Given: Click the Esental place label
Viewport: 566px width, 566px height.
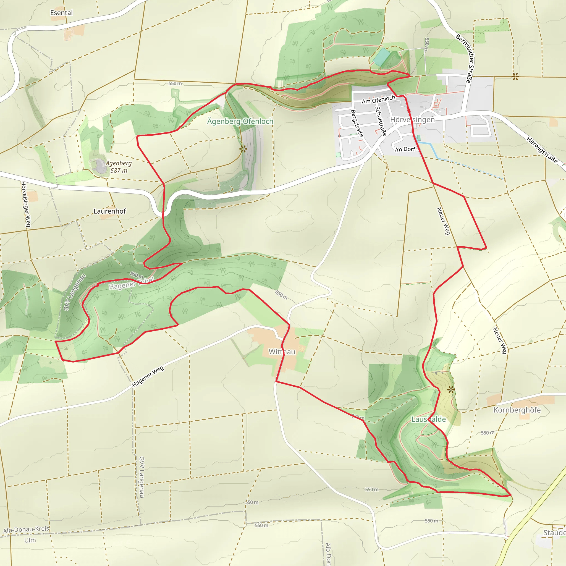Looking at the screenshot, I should (x=61, y=13).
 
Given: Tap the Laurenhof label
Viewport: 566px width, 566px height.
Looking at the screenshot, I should (x=109, y=211).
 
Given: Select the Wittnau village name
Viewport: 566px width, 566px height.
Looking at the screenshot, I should (x=282, y=352).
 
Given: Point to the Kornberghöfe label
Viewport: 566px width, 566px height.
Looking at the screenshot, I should (x=517, y=410).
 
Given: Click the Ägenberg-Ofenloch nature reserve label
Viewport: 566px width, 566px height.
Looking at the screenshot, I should (x=240, y=121).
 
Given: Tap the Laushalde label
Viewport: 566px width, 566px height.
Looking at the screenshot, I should (x=429, y=419).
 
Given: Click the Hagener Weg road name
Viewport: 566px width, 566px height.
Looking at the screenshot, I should (x=148, y=376).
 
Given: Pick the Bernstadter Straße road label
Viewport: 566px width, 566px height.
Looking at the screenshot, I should (x=465, y=58).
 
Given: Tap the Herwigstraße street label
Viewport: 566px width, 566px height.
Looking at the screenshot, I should (x=542, y=150).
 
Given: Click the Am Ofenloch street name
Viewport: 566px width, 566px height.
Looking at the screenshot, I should (x=378, y=99).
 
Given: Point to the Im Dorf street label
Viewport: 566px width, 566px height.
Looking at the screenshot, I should (x=405, y=149).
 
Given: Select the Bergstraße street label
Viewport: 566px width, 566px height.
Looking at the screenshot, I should (x=357, y=123).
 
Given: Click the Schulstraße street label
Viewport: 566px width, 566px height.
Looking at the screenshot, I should (x=381, y=121).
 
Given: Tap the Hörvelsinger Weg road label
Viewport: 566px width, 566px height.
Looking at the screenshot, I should (x=26, y=204).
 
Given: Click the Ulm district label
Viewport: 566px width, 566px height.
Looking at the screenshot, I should (x=30, y=540).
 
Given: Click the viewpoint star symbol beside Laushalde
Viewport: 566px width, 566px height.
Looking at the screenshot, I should (x=451, y=390).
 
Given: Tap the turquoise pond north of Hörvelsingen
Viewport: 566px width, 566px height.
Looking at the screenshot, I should (x=381, y=57).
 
